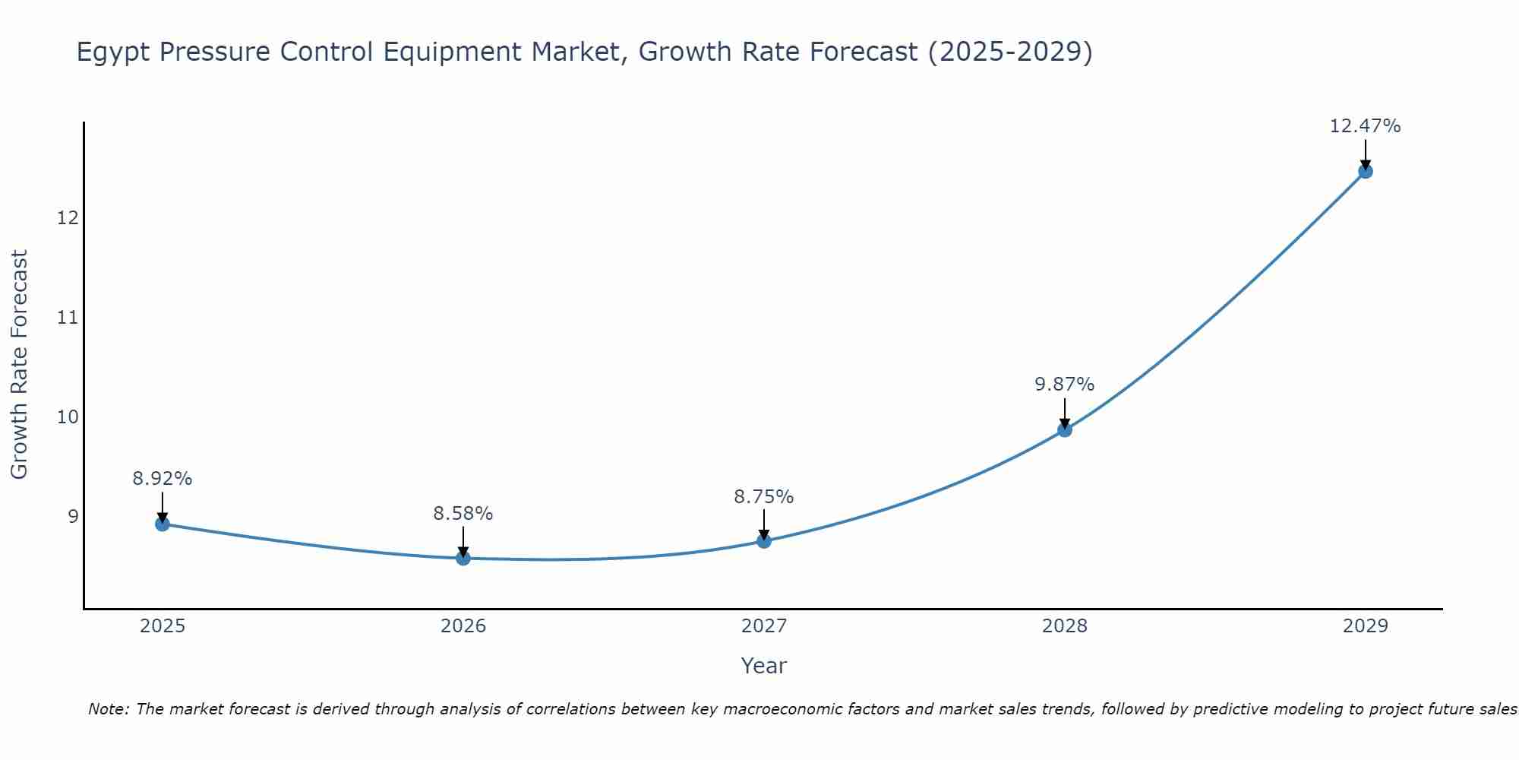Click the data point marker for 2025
click(162, 524)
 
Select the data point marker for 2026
click(463, 558)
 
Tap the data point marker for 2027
click(763, 541)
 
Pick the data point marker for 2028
click(1064, 430)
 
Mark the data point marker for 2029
click(1365, 171)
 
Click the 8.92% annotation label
click(162, 479)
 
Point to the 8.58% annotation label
click(463, 514)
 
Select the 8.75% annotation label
click(763, 497)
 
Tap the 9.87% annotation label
click(1064, 385)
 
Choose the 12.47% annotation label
click(1365, 126)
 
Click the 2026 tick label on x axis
click(463, 626)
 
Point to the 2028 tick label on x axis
click(1064, 626)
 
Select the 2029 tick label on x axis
click(1365, 626)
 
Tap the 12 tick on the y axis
click(68, 218)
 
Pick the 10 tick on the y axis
click(68, 417)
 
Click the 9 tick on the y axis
click(73, 517)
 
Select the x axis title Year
click(763, 666)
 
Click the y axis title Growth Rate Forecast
click(19, 365)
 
